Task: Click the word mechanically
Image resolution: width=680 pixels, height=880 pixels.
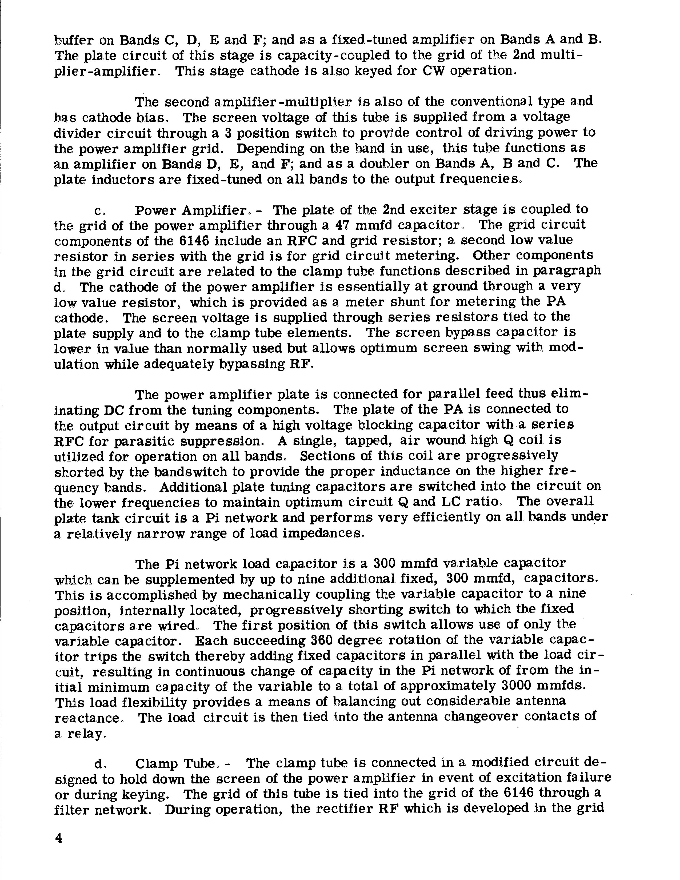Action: click(x=266, y=594)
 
